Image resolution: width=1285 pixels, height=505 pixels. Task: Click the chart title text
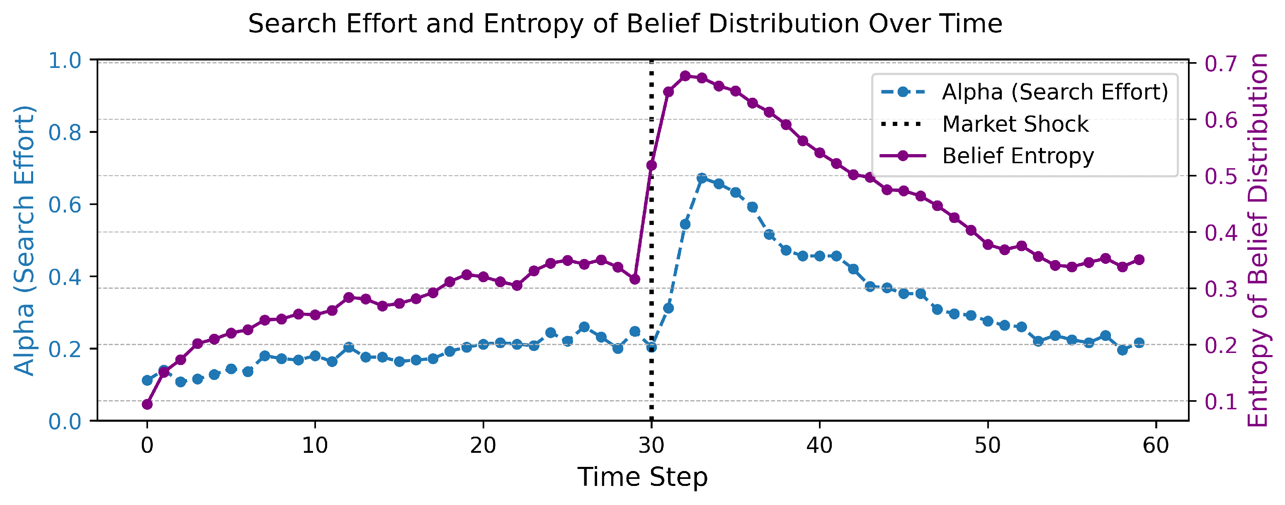tap(624, 24)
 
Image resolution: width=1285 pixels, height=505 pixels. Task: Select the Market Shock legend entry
tap(1015, 124)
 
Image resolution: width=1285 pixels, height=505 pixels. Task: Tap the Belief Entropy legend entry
tap(1018, 156)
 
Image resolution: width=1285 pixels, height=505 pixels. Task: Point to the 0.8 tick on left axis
tap(65, 133)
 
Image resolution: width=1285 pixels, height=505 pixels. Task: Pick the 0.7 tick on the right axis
tap(1221, 63)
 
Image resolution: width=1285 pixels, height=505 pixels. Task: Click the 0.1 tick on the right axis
tap(1221, 401)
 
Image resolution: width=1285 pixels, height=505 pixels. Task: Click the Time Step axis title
tap(643, 477)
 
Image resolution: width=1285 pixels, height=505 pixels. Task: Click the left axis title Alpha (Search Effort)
tap(24, 240)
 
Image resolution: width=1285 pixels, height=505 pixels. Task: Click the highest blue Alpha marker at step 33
tap(702, 179)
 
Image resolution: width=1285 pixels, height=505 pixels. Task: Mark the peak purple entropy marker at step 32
tap(685, 76)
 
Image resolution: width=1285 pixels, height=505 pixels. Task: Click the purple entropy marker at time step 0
tap(147, 404)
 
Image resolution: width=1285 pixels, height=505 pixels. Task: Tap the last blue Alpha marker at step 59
tap(1139, 343)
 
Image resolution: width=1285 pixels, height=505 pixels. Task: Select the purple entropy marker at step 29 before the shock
tap(634, 280)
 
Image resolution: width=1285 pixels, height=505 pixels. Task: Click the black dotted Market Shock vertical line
tap(651, 349)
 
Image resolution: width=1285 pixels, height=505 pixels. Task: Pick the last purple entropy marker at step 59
tap(1139, 260)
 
